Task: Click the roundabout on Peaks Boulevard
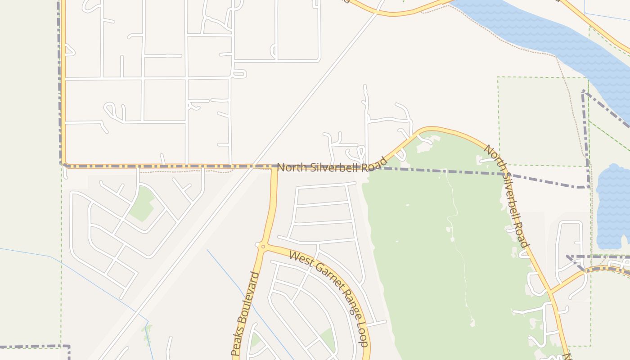point(263,246)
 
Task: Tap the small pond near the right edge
point(613,207)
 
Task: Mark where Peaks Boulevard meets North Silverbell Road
point(274,167)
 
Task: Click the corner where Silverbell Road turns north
point(63,165)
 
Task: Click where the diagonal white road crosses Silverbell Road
point(253,166)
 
